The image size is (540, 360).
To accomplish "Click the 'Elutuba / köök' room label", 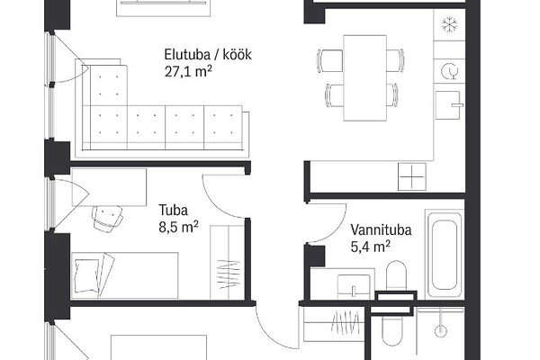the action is coord(208,55).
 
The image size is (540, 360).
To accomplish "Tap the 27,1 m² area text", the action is coord(188,72).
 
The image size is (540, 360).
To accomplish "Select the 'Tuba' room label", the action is coord(173,210).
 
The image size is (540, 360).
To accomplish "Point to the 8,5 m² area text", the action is coord(178,227).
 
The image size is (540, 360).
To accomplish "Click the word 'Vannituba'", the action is coord(381,229).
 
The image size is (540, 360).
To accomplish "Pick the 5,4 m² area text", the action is coord(370,247).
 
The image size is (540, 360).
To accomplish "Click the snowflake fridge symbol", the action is coord(449,25).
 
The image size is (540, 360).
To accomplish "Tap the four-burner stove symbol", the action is coord(412,176).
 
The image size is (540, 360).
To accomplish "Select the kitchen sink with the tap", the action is coord(448,105).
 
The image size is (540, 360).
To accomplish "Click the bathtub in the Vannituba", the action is coord(445,254).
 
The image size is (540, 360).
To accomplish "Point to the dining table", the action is coord(364,78).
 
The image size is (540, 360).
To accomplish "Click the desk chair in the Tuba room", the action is coord(107,218).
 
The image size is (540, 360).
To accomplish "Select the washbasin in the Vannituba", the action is coord(354,286).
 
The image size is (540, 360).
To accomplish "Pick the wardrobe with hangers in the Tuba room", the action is coord(228,263).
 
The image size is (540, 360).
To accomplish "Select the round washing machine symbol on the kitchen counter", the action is coord(450,71).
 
